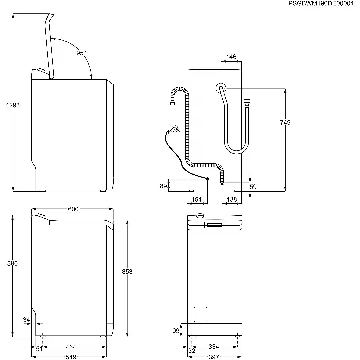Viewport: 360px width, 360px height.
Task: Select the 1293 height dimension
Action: pyautogui.click(x=13, y=105)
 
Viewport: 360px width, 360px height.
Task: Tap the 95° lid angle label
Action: pyautogui.click(x=81, y=53)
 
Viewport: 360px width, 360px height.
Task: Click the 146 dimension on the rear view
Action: pyautogui.click(x=231, y=57)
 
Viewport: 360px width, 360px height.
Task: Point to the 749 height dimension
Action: pyautogui.click(x=285, y=122)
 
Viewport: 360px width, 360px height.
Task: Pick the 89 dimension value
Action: pyautogui.click(x=163, y=186)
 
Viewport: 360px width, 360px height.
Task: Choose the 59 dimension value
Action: pyautogui.click(x=253, y=187)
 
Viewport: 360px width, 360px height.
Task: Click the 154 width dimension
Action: pyautogui.click(x=197, y=199)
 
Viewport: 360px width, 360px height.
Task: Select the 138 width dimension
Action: pyautogui.click(x=231, y=199)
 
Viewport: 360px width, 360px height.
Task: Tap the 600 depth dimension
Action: pyautogui.click(x=73, y=209)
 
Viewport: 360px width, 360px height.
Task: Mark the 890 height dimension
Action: pyautogui.click(x=12, y=263)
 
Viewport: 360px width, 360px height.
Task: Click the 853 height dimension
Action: pyautogui.click(x=127, y=272)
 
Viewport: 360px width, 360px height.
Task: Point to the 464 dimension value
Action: pyautogui.click(x=71, y=347)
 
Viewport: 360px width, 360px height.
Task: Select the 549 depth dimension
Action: pyautogui.click(x=71, y=357)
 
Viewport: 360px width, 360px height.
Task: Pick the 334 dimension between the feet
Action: pyautogui.click(x=214, y=347)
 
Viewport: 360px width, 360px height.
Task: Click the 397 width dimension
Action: pyautogui.click(x=214, y=357)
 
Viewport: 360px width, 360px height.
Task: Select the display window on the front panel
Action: pyautogui.click(x=214, y=225)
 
